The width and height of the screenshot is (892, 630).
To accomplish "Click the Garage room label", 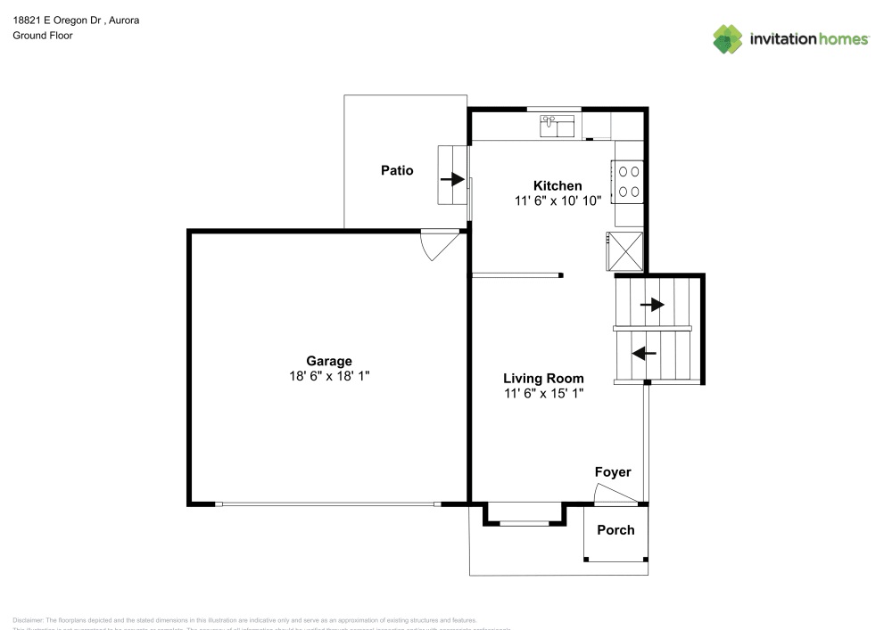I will point(329,361).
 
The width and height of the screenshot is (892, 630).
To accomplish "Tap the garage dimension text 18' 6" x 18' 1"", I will point(329,376).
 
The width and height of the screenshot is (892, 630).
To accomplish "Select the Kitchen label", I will point(557,185).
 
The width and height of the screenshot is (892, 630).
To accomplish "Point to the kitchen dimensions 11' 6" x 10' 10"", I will point(557,200).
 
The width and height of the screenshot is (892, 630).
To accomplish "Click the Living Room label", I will point(543,378).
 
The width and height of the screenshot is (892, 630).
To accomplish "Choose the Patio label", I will point(397,170).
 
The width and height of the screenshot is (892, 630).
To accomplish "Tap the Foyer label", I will point(613,472).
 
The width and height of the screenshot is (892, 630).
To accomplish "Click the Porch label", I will point(615,529).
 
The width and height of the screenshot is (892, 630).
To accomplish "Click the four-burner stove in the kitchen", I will point(627,180).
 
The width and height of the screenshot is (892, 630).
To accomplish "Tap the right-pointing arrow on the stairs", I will point(653,305).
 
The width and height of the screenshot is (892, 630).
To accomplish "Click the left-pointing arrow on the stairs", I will point(643,354).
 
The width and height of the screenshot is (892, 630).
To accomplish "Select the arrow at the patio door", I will point(453,179).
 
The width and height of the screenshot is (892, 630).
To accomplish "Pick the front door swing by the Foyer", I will point(612,494).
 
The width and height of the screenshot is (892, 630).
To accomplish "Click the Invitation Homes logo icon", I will point(728,39).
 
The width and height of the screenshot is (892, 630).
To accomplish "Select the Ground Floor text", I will point(43,36).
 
